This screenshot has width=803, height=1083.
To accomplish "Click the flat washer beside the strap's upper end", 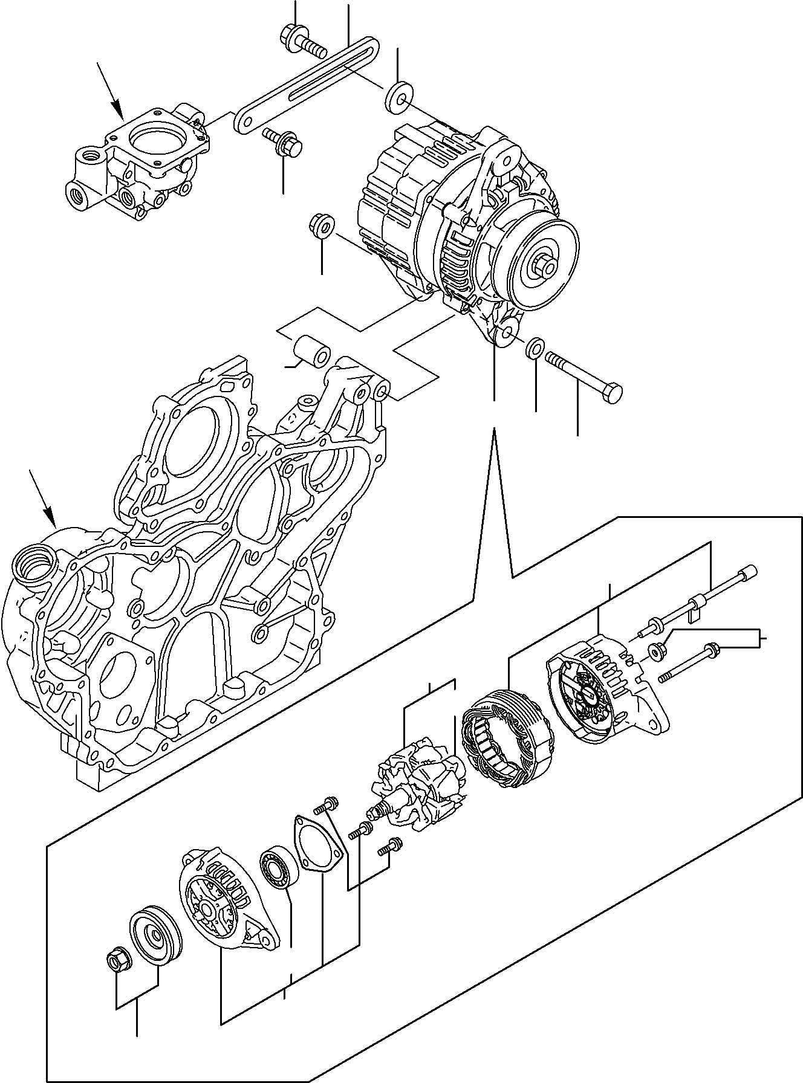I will [x=395, y=95].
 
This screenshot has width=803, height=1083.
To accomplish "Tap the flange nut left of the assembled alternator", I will [x=321, y=227].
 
